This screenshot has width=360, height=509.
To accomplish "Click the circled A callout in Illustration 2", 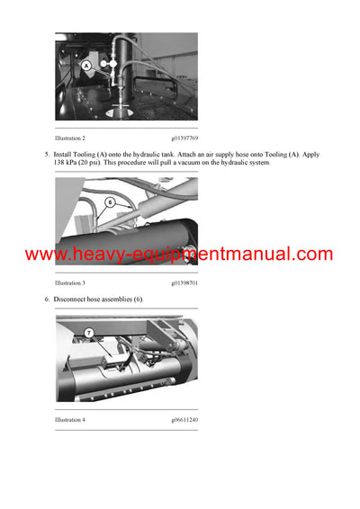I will coord(87,66).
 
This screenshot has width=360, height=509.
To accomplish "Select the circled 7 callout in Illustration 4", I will coord(89,333).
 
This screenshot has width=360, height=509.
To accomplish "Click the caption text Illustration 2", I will coord(70,138).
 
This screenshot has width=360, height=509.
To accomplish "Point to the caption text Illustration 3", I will coord(70,282).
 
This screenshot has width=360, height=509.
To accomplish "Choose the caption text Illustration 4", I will coord(70,420).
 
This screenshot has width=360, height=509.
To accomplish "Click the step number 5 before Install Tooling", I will coord(47,155).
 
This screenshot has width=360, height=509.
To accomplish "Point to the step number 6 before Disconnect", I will coord(47,299).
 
